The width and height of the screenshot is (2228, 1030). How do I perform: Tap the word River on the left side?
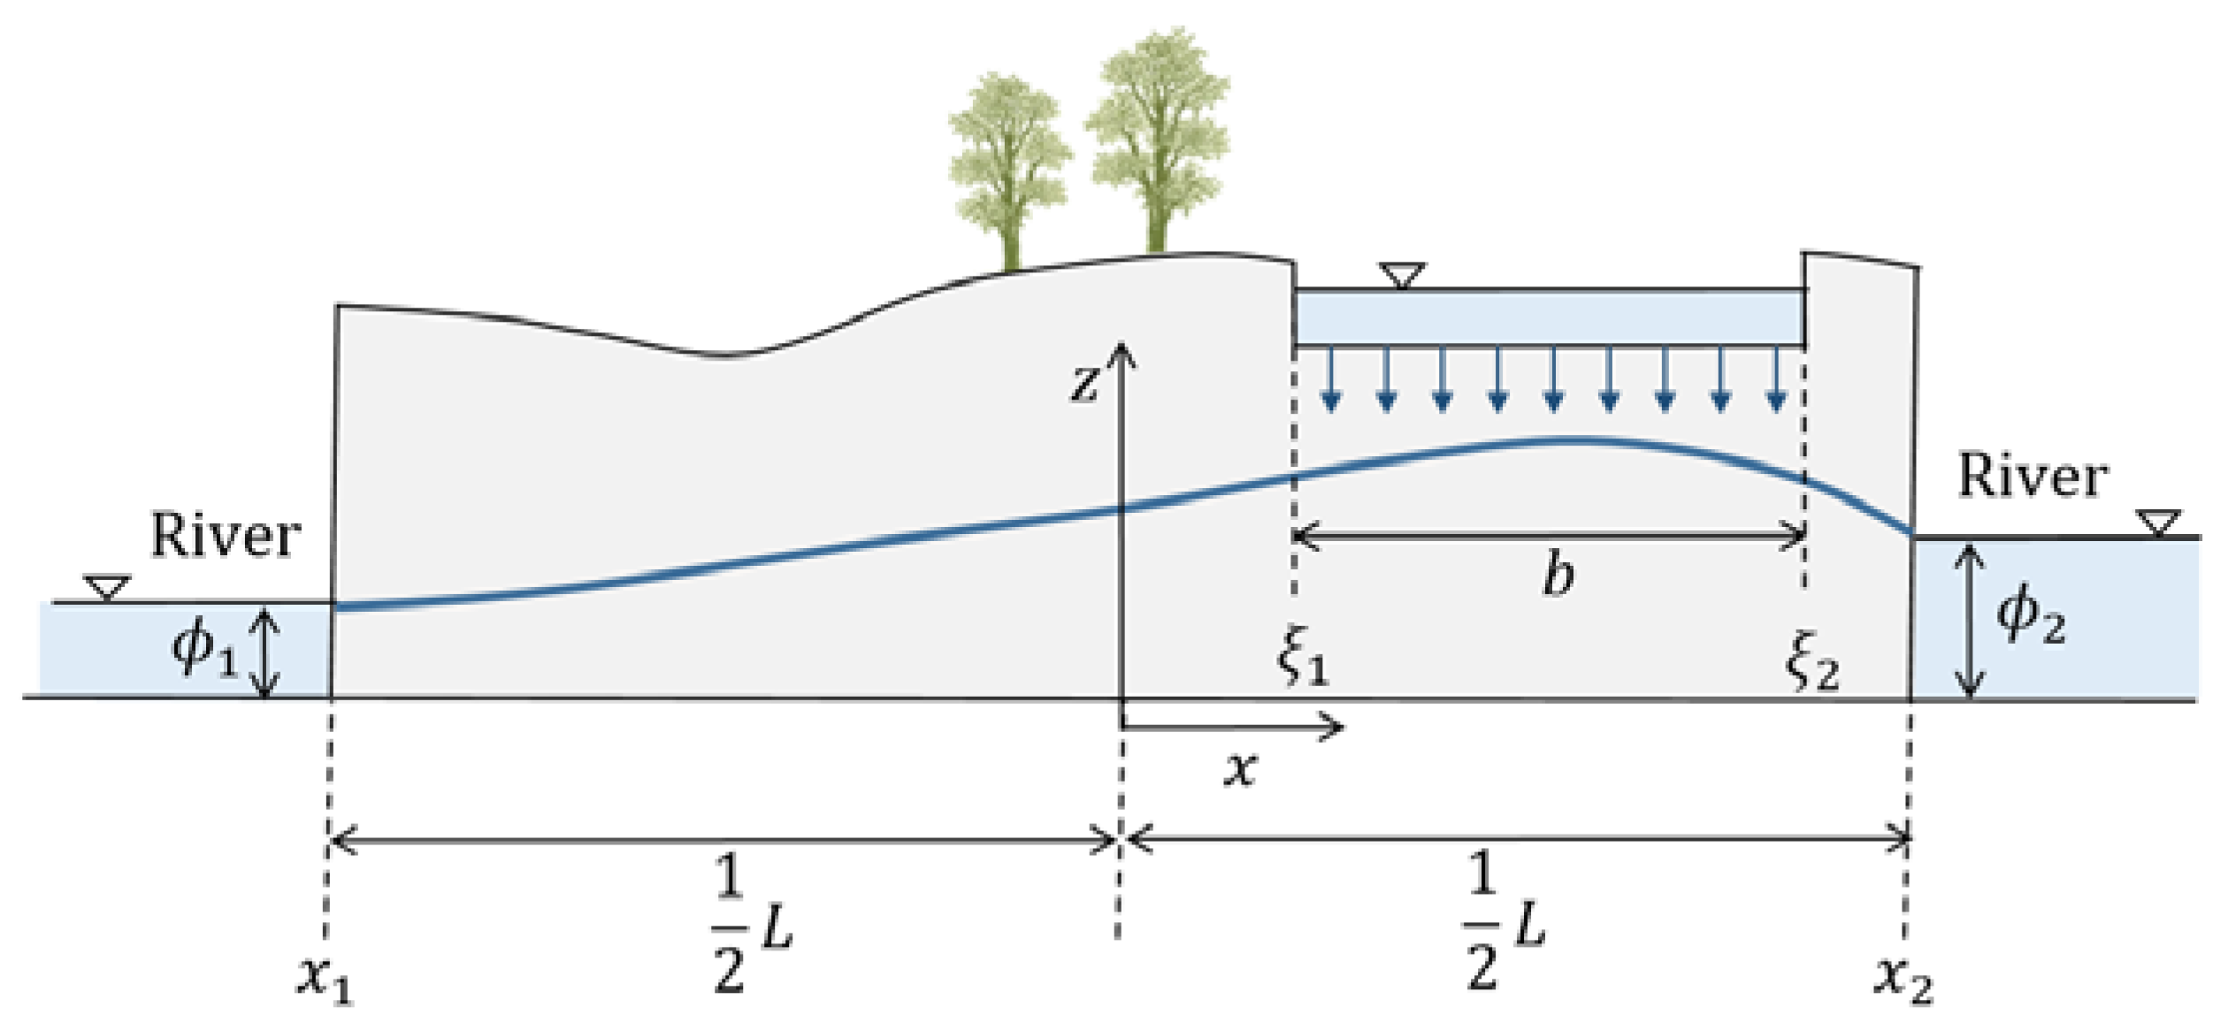pos(225,536)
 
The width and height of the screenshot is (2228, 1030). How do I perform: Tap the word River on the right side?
pos(2033,477)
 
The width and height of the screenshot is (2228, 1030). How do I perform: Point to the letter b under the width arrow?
pos(1558,576)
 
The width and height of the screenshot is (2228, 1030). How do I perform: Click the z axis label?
pos(1084,384)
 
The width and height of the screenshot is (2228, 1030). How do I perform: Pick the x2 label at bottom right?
pos(1903,979)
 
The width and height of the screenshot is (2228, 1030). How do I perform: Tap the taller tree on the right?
pos(1157,141)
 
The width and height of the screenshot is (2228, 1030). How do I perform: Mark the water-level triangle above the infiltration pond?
pos(1402,275)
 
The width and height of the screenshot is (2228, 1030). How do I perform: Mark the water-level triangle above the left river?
pos(107,587)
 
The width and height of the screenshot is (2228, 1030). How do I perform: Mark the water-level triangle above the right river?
pos(2158,523)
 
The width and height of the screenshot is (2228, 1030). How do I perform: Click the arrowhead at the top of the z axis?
pos(1122,354)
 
